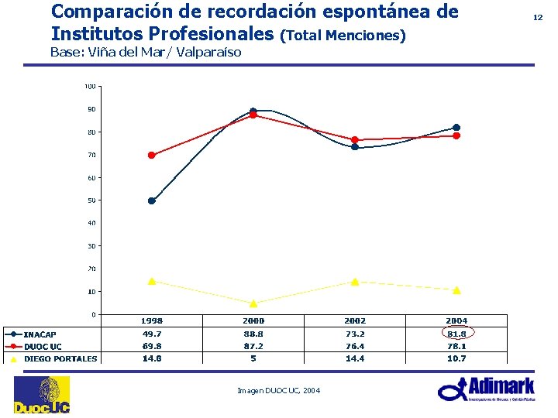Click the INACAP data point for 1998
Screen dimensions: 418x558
coord(151,200)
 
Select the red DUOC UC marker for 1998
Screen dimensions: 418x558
coord(151,156)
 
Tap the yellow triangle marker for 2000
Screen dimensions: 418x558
coord(253,303)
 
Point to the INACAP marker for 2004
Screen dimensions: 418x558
coord(456,128)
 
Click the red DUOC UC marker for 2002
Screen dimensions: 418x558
coord(355,140)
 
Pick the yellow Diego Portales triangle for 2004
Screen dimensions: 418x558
coord(456,290)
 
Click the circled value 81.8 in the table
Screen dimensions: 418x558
coord(456,334)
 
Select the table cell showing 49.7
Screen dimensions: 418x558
coord(151,334)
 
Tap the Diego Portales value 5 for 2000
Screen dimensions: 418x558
coord(253,358)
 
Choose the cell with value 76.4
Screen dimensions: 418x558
coord(355,346)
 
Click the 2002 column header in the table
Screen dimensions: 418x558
coord(355,320)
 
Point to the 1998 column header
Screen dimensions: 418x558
coord(151,320)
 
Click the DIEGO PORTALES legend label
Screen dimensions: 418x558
coord(60,358)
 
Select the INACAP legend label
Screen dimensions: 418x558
coord(40,334)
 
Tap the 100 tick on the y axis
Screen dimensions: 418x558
coord(90,86)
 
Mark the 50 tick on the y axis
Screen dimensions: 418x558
coord(91,200)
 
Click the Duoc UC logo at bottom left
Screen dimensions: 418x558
coord(41,395)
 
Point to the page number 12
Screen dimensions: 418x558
coord(538,16)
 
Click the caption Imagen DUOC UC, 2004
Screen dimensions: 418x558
coord(278,390)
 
